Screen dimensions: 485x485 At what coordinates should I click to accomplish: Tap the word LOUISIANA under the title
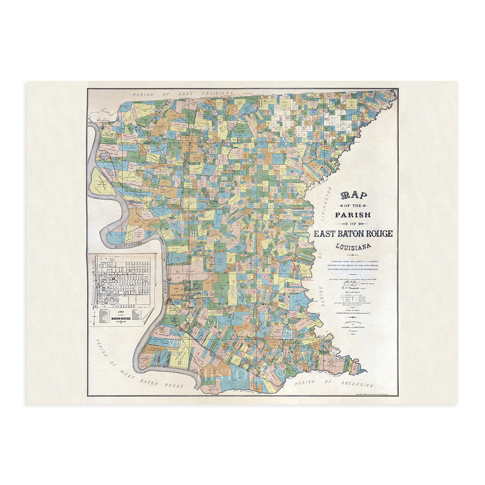[353, 246]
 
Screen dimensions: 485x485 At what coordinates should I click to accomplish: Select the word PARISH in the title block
[353, 215]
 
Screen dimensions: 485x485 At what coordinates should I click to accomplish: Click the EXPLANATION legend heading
[353, 292]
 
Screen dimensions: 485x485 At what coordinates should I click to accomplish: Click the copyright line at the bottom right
[376, 394]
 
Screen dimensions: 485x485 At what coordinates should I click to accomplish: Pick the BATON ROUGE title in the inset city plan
[121, 318]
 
